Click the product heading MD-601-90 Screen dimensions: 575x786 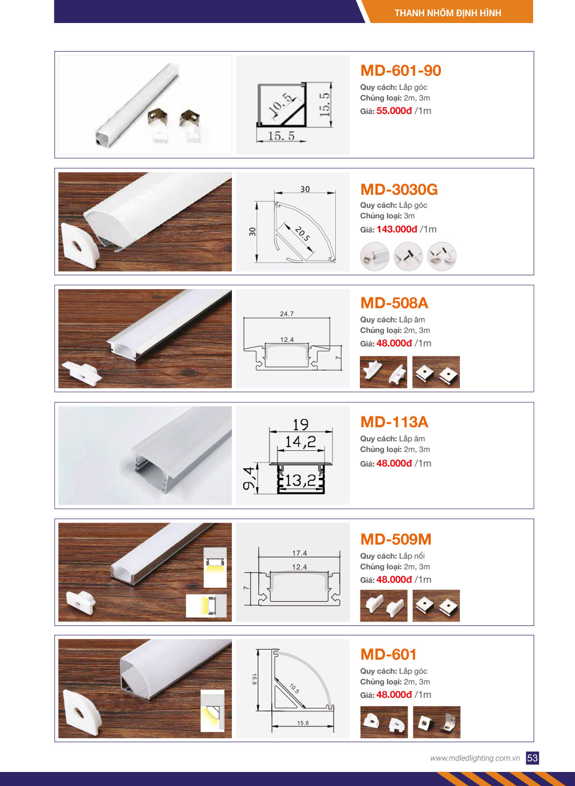click(x=400, y=71)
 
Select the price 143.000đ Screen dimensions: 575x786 click(x=397, y=230)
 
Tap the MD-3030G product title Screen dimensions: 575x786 click(x=399, y=190)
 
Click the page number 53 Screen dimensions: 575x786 click(x=532, y=758)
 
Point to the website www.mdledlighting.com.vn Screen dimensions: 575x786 click(x=474, y=758)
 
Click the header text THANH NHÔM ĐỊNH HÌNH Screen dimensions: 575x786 click(x=448, y=13)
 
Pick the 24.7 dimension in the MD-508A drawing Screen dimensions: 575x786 click(x=287, y=314)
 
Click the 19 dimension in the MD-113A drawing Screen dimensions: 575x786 click(x=301, y=424)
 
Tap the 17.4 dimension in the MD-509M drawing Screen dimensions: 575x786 click(x=299, y=553)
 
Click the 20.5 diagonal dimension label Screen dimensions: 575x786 click(x=302, y=234)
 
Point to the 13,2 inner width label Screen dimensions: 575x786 click(x=300, y=481)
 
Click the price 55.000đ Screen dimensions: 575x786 click(x=394, y=111)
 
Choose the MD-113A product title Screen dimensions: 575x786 click(x=395, y=422)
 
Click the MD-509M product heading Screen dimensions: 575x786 click(x=396, y=540)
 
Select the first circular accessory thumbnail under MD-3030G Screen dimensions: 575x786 click(x=375, y=256)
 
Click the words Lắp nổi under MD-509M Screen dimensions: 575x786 click(x=412, y=556)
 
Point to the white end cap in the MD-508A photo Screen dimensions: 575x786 click(x=82, y=374)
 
